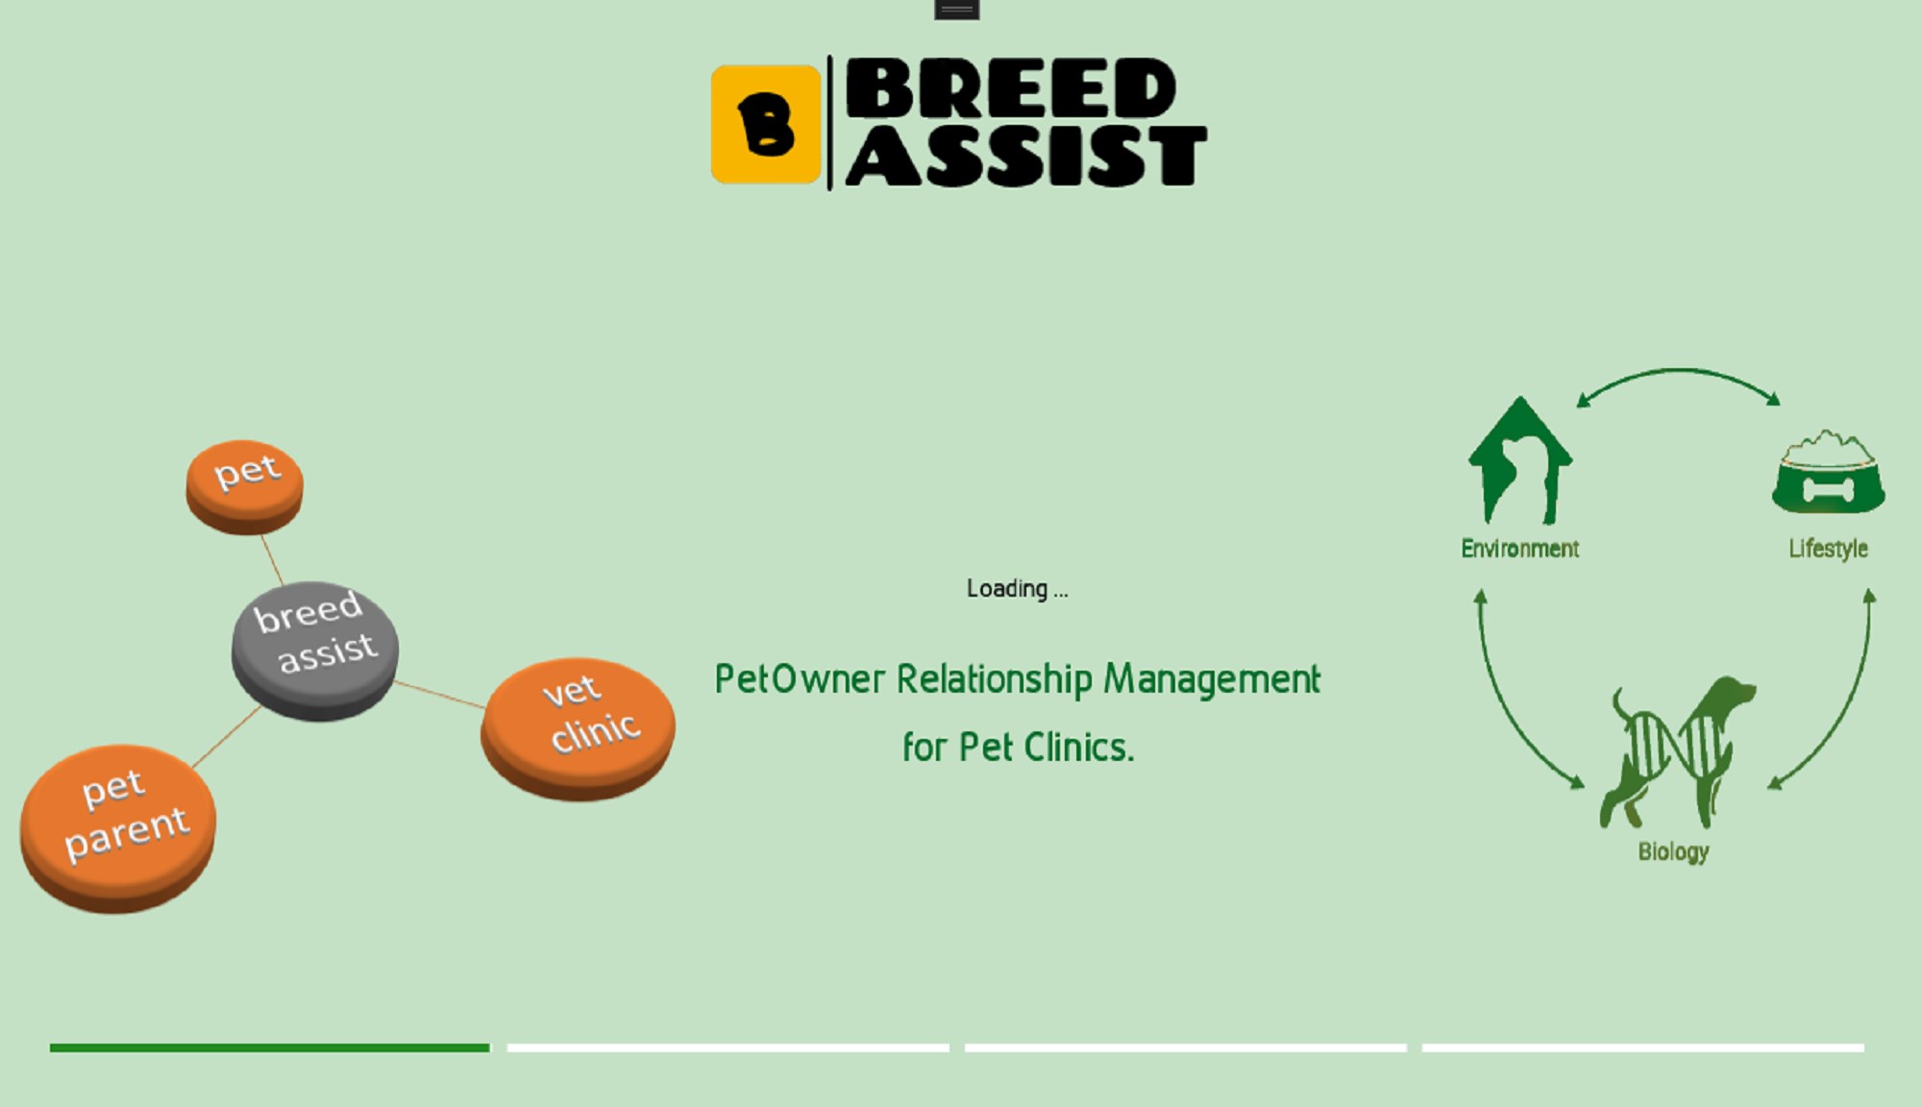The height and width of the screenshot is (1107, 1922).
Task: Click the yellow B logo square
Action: pyautogui.click(x=766, y=124)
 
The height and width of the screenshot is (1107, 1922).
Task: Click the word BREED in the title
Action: pyautogui.click(x=1011, y=87)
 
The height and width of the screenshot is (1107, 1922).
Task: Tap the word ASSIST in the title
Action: pyautogui.click(x=1026, y=155)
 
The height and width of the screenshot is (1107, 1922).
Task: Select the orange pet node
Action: pyautogui.click(x=245, y=486)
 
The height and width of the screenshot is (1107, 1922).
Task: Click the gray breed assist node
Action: pyautogui.click(x=315, y=651)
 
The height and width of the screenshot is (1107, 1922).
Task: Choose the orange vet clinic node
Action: pyautogui.click(x=578, y=728)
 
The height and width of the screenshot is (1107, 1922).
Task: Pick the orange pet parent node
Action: pyautogui.click(x=118, y=828)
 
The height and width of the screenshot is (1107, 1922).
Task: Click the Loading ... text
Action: pyautogui.click(x=1017, y=588)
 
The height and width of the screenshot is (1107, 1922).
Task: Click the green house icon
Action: pyautogui.click(x=1520, y=460)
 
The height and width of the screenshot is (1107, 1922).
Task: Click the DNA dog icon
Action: pyautogui.click(x=1677, y=752)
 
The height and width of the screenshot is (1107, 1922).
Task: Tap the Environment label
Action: pyautogui.click(x=1520, y=549)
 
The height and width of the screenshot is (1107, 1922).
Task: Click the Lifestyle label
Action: pyautogui.click(x=1828, y=549)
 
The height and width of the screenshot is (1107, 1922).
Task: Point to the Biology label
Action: pyautogui.click(x=1673, y=851)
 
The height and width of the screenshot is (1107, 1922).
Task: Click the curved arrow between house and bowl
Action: pyautogui.click(x=1678, y=369)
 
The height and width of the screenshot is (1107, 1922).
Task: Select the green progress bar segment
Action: pyautogui.click(x=270, y=1047)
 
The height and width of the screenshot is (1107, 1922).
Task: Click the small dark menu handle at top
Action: pyautogui.click(x=956, y=10)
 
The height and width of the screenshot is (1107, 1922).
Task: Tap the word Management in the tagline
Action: pyautogui.click(x=1212, y=679)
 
